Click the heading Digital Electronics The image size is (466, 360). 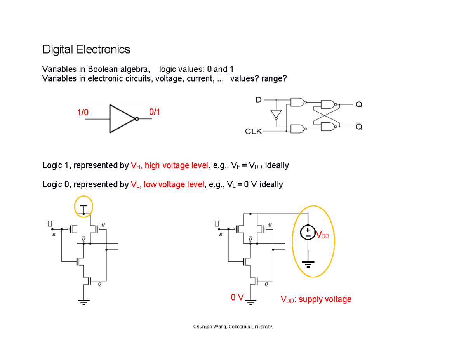pyautogui.click(x=86, y=50)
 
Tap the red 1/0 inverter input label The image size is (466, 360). pyautogui.click(x=83, y=113)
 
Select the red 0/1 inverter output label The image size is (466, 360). pyautogui.click(x=154, y=112)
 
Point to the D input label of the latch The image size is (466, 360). pyautogui.click(x=258, y=100)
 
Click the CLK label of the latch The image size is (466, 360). pyautogui.click(x=253, y=132)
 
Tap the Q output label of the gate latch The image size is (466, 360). pyautogui.click(x=358, y=104)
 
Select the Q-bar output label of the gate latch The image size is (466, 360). pyautogui.click(x=358, y=127)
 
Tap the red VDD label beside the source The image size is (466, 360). pyautogui.click(x=322, y=235)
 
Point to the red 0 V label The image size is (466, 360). pyautogui.click(x=236, y=297)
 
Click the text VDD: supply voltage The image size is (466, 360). pyautogui.click(x=316, y=299)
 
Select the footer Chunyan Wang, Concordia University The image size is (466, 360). pyautogui.click(x=233, y=327)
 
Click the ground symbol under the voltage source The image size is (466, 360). pyautogui.click(x=308, y=265)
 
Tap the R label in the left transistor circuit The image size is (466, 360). pyautogui.click(x=54, y=234)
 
